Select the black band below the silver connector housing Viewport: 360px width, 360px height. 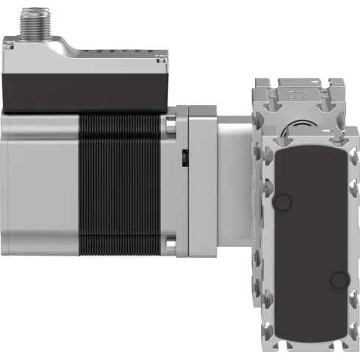tap(84, 92)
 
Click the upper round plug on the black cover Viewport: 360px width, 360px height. tap(284, 203)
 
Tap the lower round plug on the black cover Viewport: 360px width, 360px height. tap(337, 280)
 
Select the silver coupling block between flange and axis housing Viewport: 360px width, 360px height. tap(231, 184)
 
